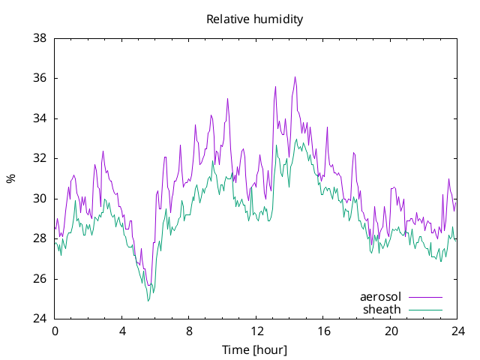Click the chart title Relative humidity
[x=255, y=19]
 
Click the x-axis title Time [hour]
[x=255, y=349]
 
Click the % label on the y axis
[x=11, y=178]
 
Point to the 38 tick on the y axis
[x=40, y=38]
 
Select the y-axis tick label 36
[x=40, y=78]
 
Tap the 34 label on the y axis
[x=40, y=118]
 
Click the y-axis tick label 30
[x=40, y=199]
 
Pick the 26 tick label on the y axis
[x=40, y=279]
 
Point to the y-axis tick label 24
[x=40, y=319]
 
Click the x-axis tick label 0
[x=55, y=331]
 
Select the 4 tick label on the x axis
[x=122, y=331]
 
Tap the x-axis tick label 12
[x=256, y=331]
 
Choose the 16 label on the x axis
[x=323, y=331]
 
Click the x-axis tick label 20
[x=391, y=331]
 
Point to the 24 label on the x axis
[x=457, y=331]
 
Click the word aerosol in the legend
[x=380, y=297]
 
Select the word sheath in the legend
[x=382, y=310]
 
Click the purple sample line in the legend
[x=425, y=297]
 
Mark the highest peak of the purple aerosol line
[x=295, y=76]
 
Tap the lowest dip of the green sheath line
[x=148, y=301]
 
